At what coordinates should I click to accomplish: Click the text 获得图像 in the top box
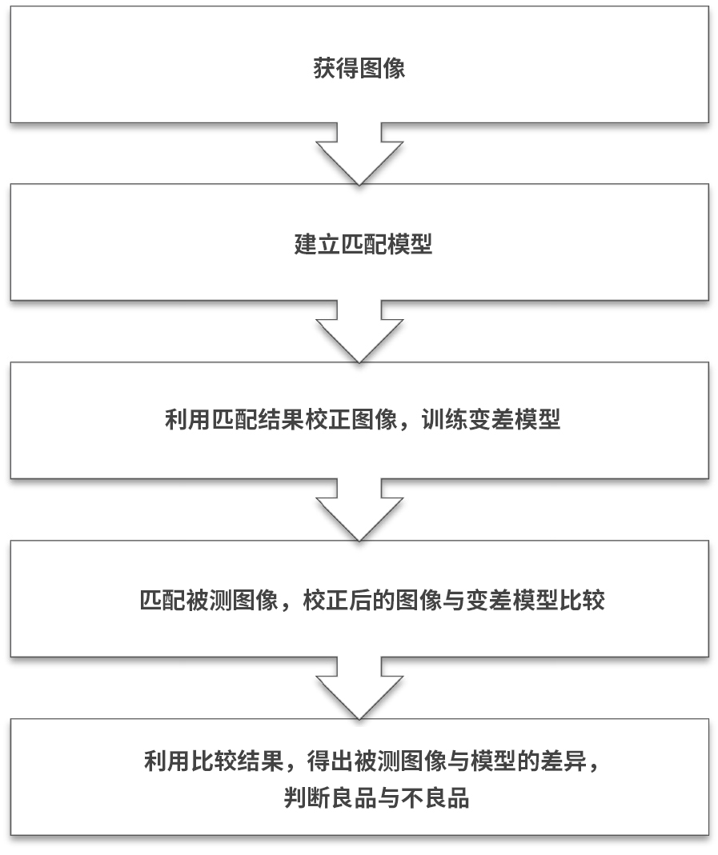tap(359, 68)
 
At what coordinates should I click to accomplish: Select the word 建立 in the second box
tap(317, 244)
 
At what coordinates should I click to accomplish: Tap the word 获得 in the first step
tap(335, 68)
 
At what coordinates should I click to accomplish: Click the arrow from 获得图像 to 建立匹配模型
tap(359, 154)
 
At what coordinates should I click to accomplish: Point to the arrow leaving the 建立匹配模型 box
tap(359, 332)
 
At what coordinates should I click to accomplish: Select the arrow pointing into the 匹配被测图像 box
tap(359, 509)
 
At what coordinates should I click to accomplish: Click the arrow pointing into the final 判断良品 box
tap(359, 688)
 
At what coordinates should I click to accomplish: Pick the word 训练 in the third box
tap(444, 419)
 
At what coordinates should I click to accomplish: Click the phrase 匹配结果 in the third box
tap(257, 419)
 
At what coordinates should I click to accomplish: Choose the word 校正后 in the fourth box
tap(337, 600)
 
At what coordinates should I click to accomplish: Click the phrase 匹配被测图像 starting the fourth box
tap(209, 600)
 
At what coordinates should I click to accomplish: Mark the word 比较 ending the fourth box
tap(582, 600)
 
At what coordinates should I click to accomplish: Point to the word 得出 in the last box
tap(330, 761)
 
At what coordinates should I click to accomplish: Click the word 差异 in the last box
tap(563, 761)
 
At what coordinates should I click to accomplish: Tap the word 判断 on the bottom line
tap(307, 797)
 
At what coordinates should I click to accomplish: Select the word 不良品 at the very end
tap(435, 797)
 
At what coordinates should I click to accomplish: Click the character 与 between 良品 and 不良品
tap(388, 797)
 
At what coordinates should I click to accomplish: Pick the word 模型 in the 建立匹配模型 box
tap(410, 244)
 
